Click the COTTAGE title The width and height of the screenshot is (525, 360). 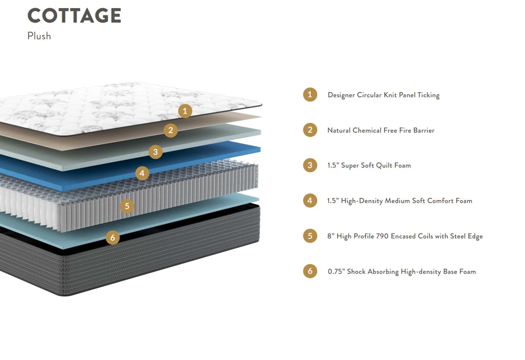pos(74,16)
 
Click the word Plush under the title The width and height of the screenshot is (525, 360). pos(39,36)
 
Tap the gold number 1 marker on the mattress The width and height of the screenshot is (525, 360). pos(184,111)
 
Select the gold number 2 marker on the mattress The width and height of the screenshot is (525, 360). pos(170,131)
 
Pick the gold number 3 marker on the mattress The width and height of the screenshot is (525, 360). pos(155,151)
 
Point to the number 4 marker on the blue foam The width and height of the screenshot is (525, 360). pos(142,173)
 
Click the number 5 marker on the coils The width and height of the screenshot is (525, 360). pos(127,206)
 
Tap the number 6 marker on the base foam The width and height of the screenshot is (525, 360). pos(113,238)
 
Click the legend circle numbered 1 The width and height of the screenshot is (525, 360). pos(310,94)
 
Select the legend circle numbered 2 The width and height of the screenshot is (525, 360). pos(310,130)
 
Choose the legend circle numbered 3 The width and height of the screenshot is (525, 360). pos(310,165)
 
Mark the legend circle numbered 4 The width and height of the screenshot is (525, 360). pos(310,200)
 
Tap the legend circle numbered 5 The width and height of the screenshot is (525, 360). pos(310,235)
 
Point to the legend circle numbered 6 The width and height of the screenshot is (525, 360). pos(310,271)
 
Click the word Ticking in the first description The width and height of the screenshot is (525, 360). pos(427,95)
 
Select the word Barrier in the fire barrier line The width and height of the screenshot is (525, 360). pos(423,131)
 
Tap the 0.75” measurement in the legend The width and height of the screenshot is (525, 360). pos(336,271)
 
